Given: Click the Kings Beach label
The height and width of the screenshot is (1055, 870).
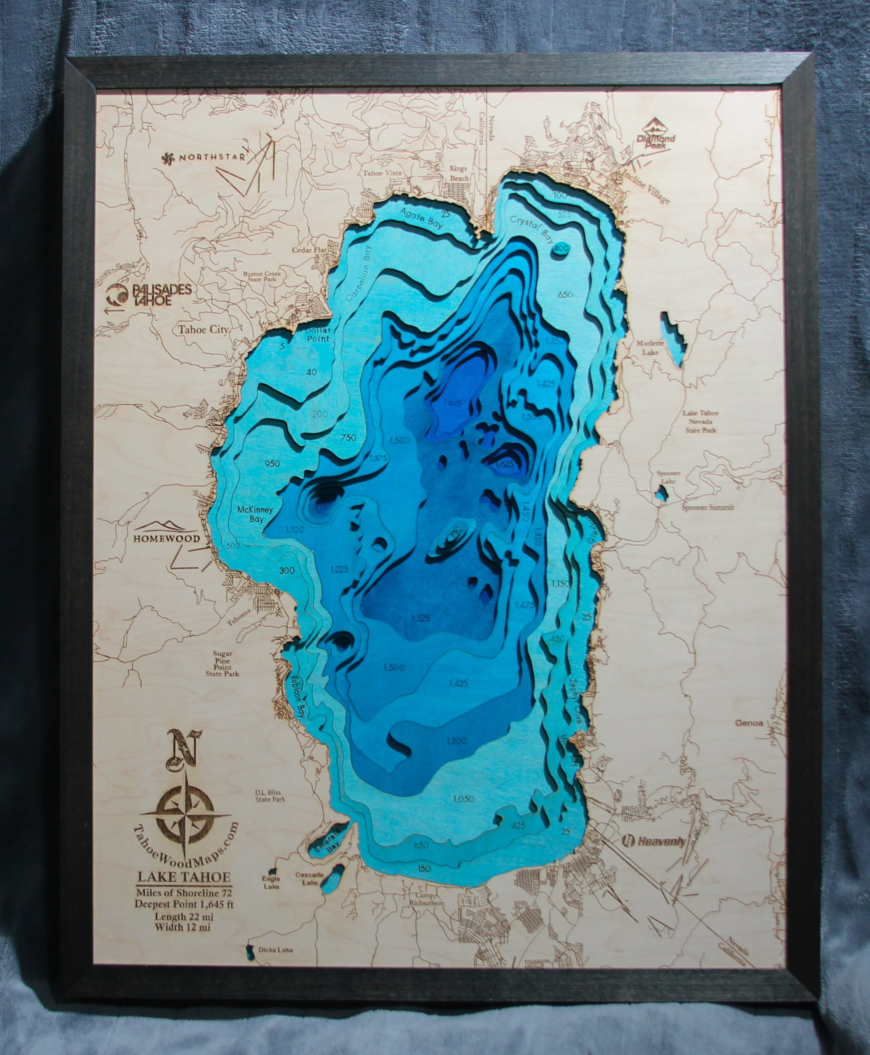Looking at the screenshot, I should (x=459, y=174).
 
